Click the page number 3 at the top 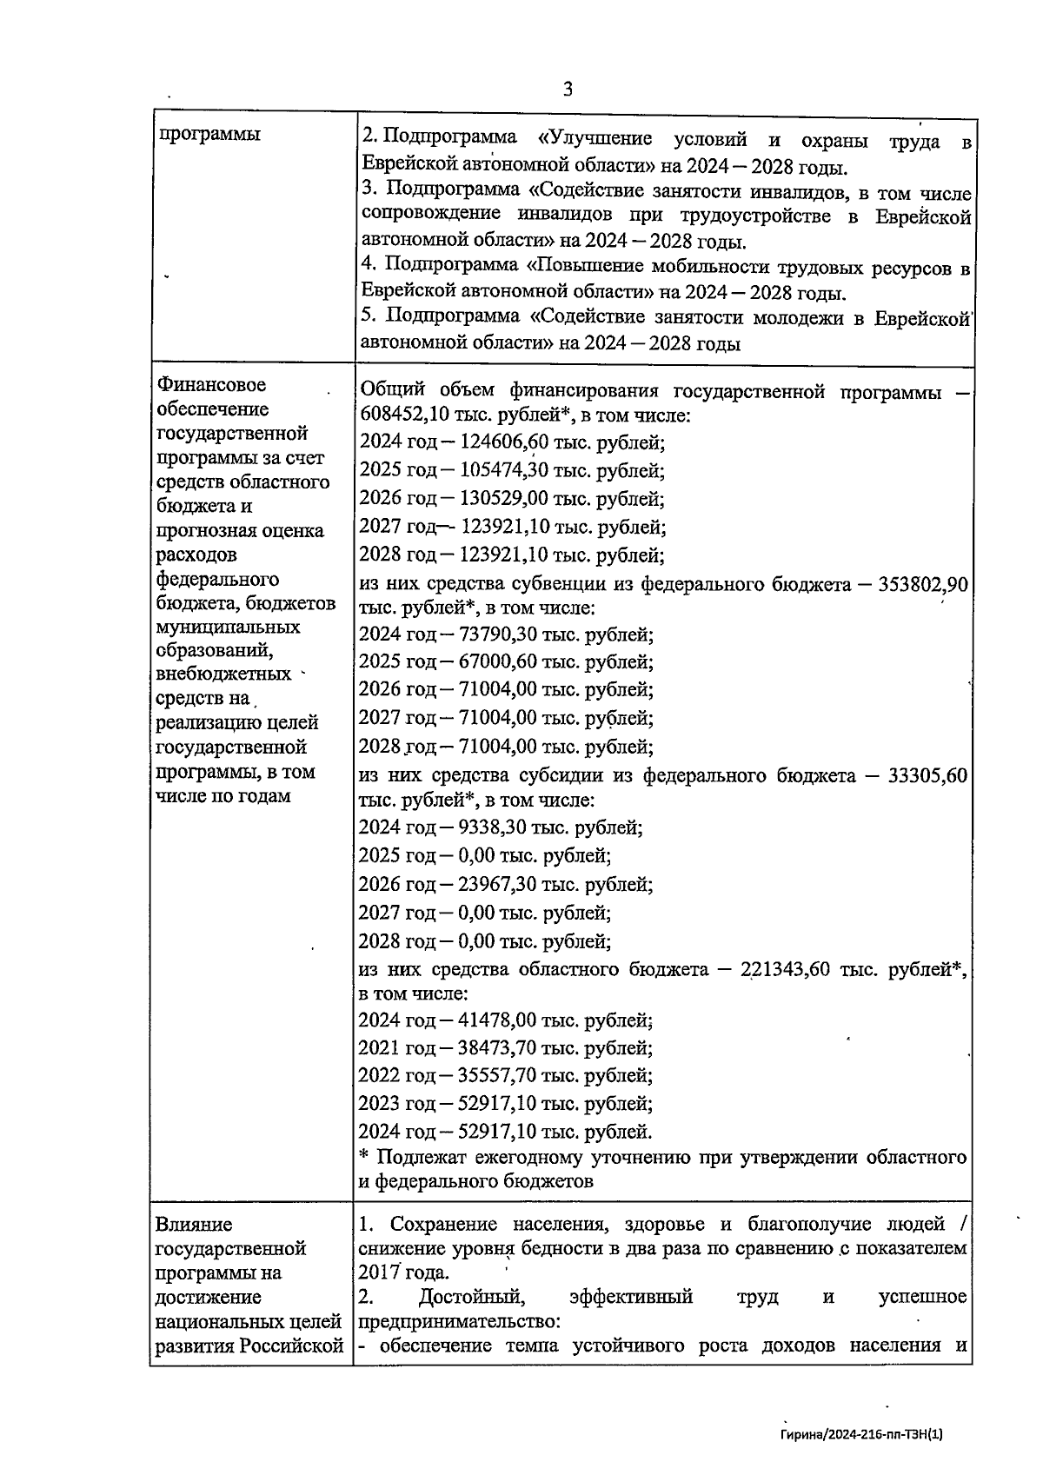point(568,90)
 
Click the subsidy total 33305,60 point(928,776)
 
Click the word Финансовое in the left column point(211,385)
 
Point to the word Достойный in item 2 point(471,1298)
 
